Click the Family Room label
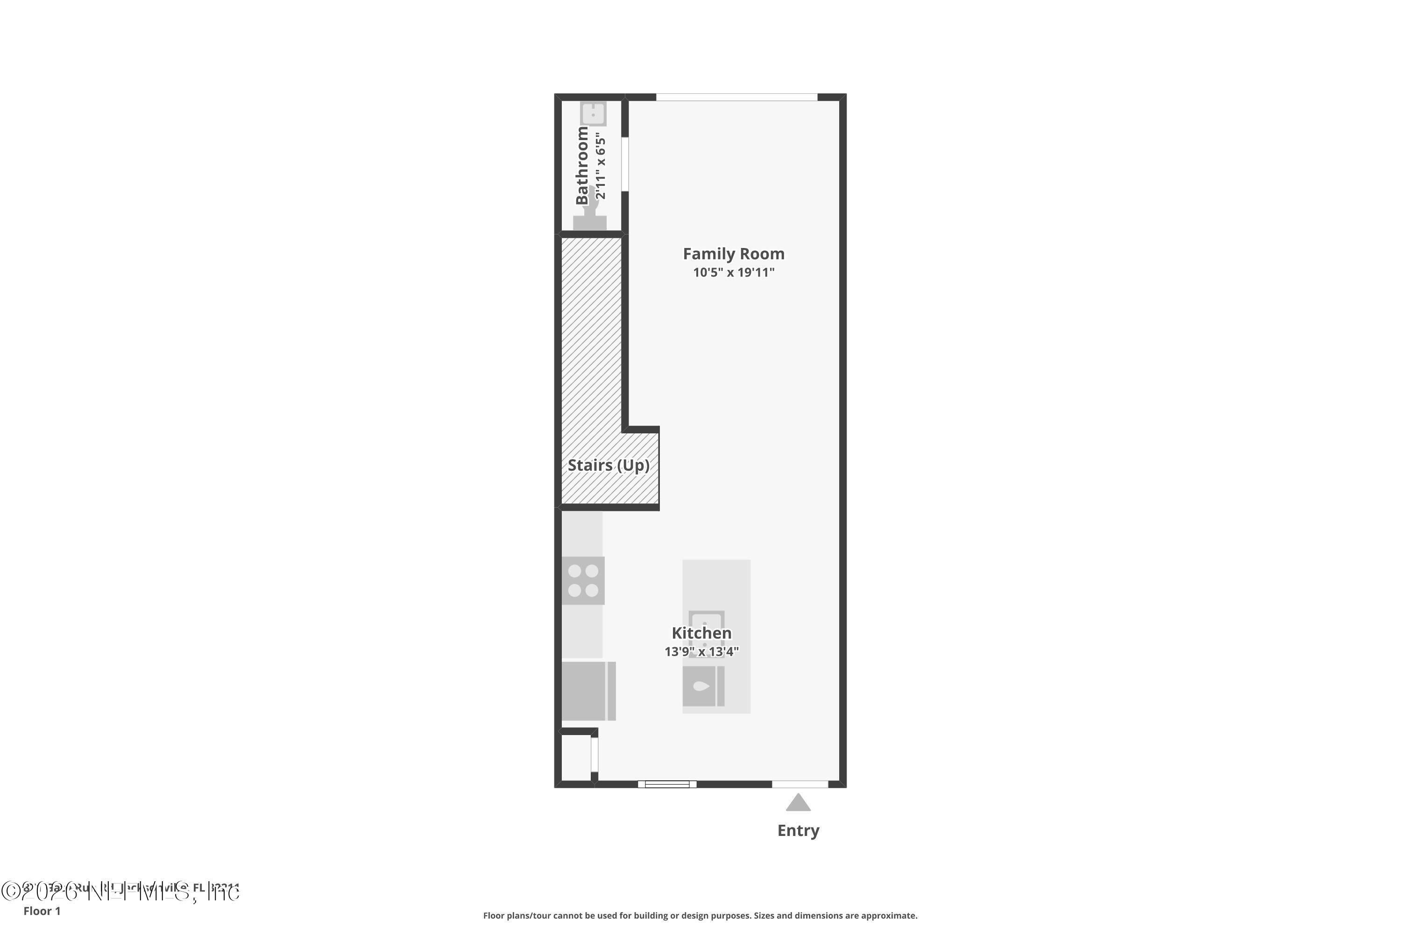pyautogui.click(x=733, y=254)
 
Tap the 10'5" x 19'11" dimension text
pyautogui.click(x=733, y=272)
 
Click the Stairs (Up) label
pyautogui.click(x=608, y=465)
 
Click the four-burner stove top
pyautogui.click(x=583, y=581)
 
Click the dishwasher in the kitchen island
pyautogui.click(x=703, y=686)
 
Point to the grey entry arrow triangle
pyautogui.click(x=798, y=803)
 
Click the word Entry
pyautogui.click(x=798, y=830)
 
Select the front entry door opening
pyautogui.click(x=800, y=784)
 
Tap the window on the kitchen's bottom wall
pyautogui.click(x=667, y=784)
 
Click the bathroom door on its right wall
pyautogui.click(x=625, y=164)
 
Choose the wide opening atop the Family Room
pyautogui.click(x=736, y=97)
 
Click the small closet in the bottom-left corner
pyautogui.click(x=576, y=757)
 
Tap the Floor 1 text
pyautogui.click(x=42, y=911)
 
